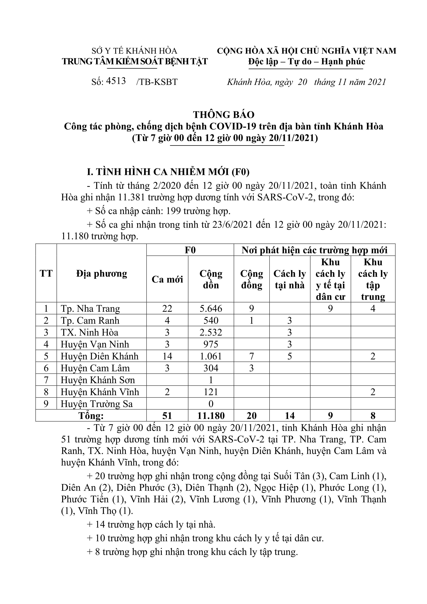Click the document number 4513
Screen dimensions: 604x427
[x=116, y=81]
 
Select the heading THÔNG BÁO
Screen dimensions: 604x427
[x=224, y=115]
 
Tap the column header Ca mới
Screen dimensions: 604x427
[x=167, y=279]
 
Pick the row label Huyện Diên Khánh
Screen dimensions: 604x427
[x=99, y=356]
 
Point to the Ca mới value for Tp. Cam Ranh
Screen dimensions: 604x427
[x=167, y=320]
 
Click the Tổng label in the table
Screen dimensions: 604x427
[x=91, y=416]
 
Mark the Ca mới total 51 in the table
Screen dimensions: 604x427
[x=167, y=416]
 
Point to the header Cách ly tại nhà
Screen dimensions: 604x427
[x=290, y=279]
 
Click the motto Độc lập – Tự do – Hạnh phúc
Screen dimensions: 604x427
[x=307, y=62]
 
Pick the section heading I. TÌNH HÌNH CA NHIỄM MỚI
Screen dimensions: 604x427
[x=168, y=172]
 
